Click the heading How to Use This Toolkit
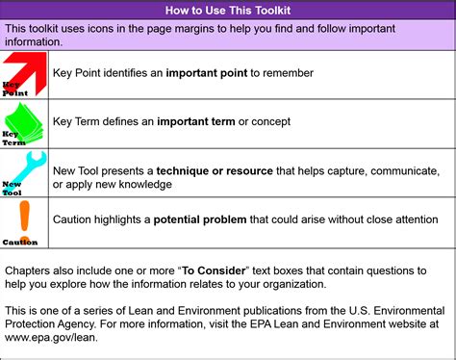(228, 11)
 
